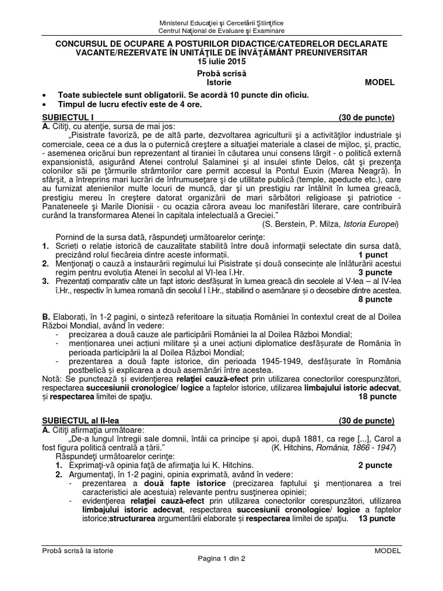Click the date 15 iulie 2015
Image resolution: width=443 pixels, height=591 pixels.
tap(221, 62)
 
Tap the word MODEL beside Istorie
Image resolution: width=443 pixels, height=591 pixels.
tap(380, 83)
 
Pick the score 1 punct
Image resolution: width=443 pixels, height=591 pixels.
tap(375, 254)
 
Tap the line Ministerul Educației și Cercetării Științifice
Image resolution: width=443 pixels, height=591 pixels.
tap(221, 22)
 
